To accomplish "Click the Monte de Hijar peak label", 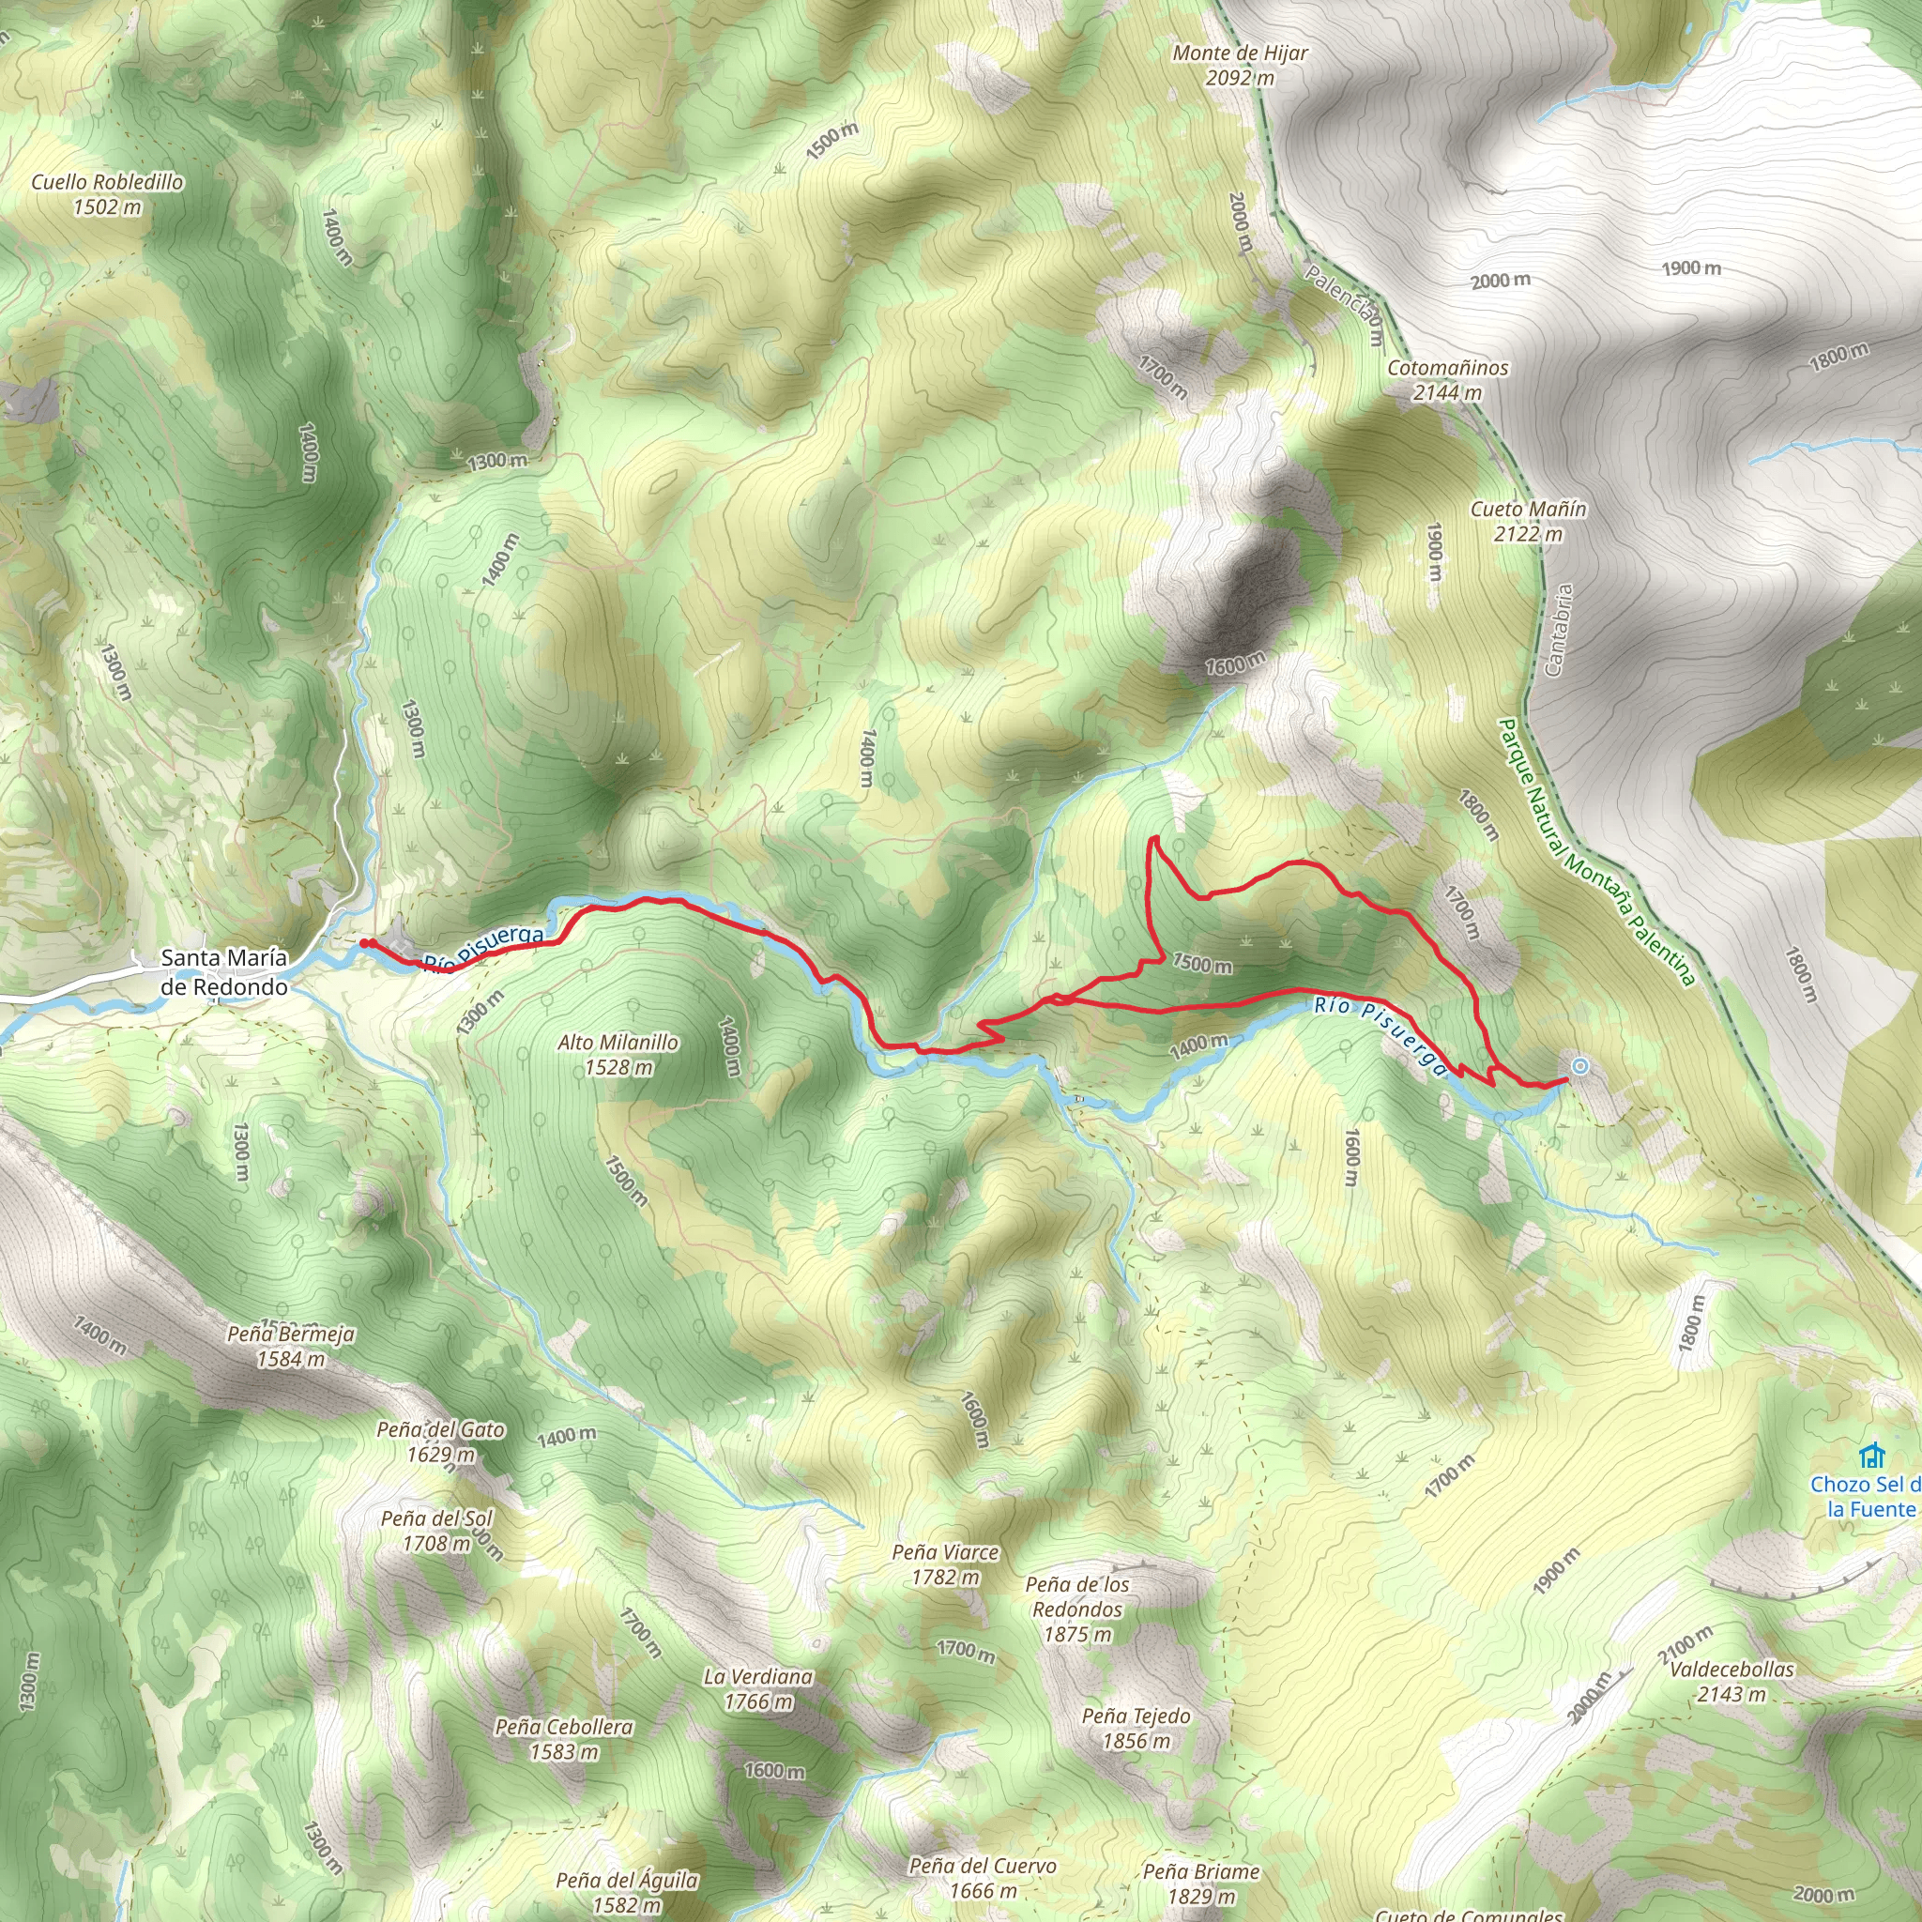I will click(x=1240, y=65).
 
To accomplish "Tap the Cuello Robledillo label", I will click(x=107, y=194).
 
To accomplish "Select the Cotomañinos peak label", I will click(x=1447, y=380).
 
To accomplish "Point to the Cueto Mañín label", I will click(x=1528, y=521).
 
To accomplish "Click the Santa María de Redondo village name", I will click(x=224, y=972).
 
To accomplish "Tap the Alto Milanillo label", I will click(x=618, y=1055).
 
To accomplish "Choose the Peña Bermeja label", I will click(x=291, y=1346).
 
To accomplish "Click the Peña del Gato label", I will click(x=441, y=1441).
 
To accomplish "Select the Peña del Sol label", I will click(x=436, y=1531).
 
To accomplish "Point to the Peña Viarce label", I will click(x=945, y=1564).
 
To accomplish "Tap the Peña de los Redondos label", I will click(x=1077, y=1609).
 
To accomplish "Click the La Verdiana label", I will click(x=758, y=1689).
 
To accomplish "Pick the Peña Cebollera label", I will click(x=564, y=1739).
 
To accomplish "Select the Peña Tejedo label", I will click(x=1136, y=1728).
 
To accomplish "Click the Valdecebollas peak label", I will click(x=1732, y=1681).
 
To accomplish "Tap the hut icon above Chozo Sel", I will click(x=1872, y=1457).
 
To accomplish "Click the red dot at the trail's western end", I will click(x=365, y=943).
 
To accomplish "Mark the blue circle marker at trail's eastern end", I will click(x=1579, y=1066).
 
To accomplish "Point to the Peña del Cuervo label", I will click(x=983, y=1877).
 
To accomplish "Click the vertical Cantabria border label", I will click(x=1559, y=630).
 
